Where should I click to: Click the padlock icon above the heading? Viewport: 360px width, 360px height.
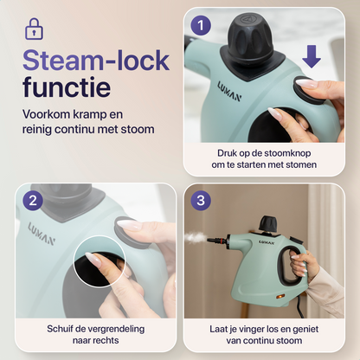[x=34, y=28]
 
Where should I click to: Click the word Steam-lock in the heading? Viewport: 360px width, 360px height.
[x=94, y=61]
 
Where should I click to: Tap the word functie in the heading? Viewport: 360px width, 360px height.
[x=67, y=88]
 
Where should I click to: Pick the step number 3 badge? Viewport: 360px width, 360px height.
[x=202, y=201]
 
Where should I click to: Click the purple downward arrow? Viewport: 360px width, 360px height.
[x=312, y=58]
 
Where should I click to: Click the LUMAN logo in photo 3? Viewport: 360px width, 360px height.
[x=266, y=242]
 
